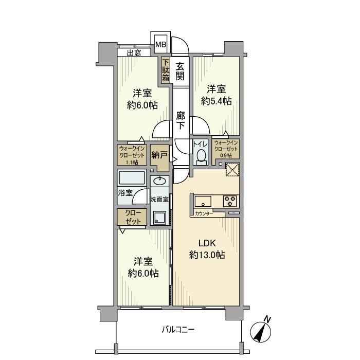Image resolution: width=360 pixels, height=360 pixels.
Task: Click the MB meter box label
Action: click(160, 44)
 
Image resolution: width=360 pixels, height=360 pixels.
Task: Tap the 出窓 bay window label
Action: click(134, 53)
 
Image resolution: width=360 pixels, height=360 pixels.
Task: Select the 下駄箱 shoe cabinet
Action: click(166, 70)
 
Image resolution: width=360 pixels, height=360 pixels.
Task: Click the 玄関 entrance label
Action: click(180, 71)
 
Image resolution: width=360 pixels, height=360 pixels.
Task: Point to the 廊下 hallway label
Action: click(181, 120)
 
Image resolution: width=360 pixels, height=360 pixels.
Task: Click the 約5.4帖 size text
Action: click(217, 101)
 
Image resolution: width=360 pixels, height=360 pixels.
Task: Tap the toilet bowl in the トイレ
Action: click(202, 156)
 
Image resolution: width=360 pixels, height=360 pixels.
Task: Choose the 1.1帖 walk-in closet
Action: click(132, 155)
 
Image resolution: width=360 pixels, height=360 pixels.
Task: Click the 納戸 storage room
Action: click(159, 158)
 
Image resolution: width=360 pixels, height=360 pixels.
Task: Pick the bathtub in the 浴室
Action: click(132, 178)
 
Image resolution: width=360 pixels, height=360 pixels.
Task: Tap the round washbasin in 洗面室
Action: click(159, 182)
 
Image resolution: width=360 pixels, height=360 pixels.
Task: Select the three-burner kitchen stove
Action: click(230, 201)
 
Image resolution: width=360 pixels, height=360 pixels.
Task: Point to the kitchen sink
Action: click(203, 202)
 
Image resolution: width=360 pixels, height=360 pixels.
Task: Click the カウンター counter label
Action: click(204, 214)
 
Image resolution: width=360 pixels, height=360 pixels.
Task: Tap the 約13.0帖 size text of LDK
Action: click(207, 255)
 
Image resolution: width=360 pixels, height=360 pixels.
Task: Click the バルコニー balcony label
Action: click(178, 330)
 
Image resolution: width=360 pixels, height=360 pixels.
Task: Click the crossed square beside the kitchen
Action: click(232, 169)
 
